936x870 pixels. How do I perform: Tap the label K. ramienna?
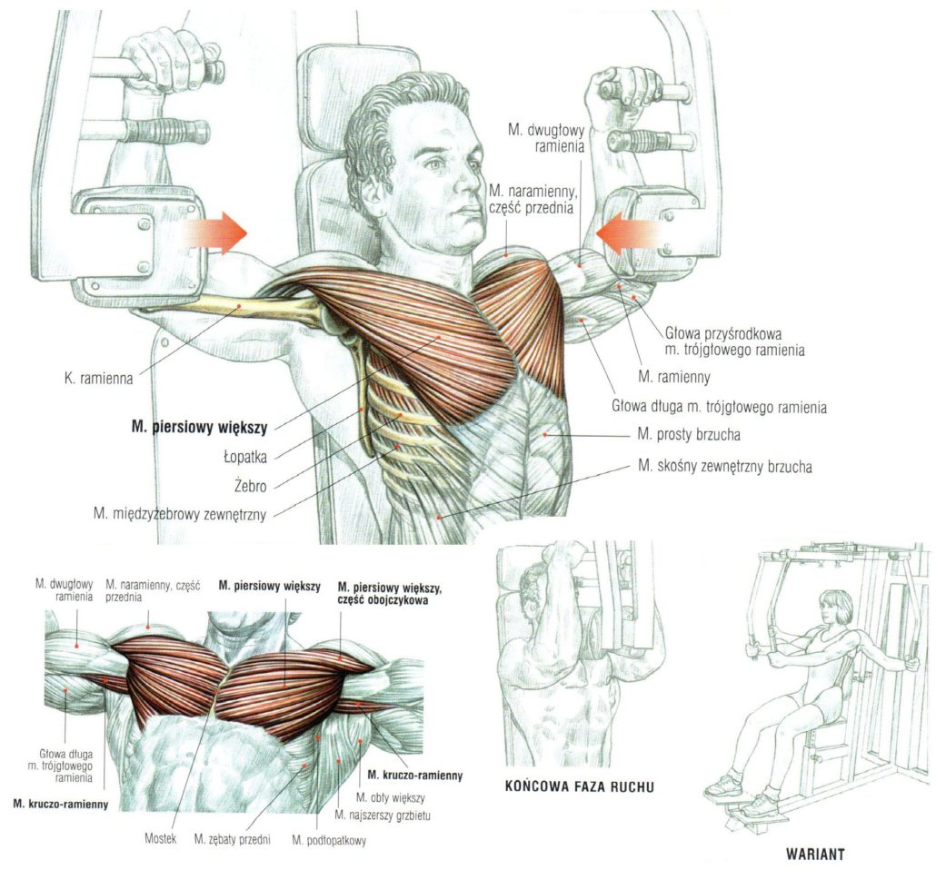tap(98, 379)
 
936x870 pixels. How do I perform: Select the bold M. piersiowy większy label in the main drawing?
tap(199, 427)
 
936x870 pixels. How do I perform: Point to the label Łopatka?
tap(245, 457)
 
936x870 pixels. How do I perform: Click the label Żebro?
tap(251, 486)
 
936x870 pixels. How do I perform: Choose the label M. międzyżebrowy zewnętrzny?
tap(180, 514)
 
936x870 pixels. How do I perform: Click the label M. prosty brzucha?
tap(689, 434)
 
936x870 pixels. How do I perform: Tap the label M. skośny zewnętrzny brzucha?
tap(725, 466)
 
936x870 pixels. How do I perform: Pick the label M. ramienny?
tap(674, 377)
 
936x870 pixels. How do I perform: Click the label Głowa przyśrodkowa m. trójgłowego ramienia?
tap(735, 341)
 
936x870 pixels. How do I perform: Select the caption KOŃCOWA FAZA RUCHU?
tap(579, 786)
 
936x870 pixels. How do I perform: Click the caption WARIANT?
tap(815, 854)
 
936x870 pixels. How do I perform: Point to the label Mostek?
tap(161, 838)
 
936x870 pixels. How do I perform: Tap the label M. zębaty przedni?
tap(233, 839)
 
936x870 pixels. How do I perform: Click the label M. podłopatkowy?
tap(329, 841)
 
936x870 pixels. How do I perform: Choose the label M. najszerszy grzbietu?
tap(382, 816)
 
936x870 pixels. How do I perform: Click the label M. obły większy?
tap(390, 797)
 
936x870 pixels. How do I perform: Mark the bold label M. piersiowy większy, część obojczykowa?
tap(390, 594)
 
